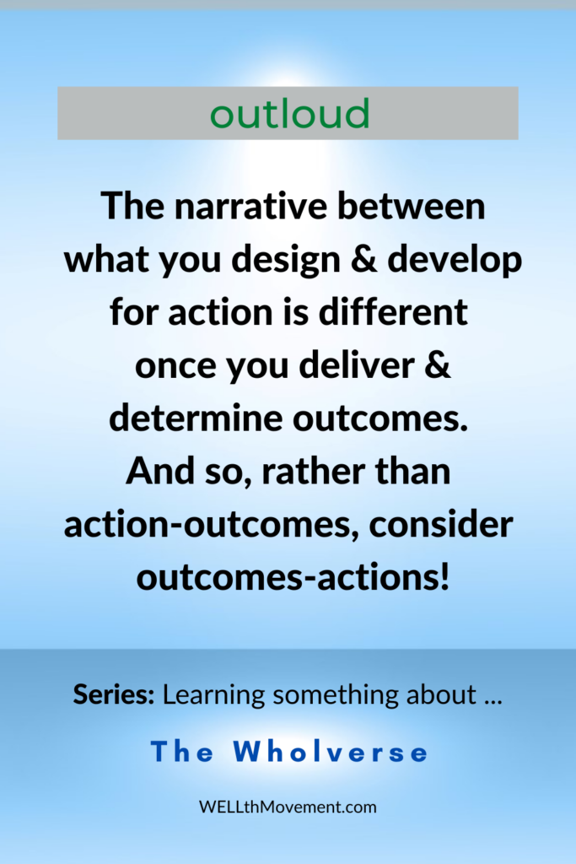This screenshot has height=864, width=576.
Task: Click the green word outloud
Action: click(x=289, y=114)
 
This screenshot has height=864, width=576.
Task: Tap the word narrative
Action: click(x=251, y=206)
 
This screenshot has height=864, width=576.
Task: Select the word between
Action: click(x=412, y=206)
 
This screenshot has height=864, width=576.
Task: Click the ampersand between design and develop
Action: click(x=364, y=259)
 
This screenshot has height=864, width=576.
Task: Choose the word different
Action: click(x=393, y=311)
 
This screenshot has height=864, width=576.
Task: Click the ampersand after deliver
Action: click(x=438, y=364)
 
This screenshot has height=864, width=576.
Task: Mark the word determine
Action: click(x=196, y=418)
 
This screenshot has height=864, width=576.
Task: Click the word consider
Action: click(x=441, y=525)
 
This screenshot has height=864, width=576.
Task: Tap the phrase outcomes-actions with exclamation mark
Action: click(x=293, y=578)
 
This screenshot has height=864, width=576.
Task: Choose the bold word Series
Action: click(x=114, y=694)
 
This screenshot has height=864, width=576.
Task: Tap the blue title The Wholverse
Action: click(x=289, y=752)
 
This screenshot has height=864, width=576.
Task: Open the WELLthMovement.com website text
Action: click(x=288, y=807)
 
